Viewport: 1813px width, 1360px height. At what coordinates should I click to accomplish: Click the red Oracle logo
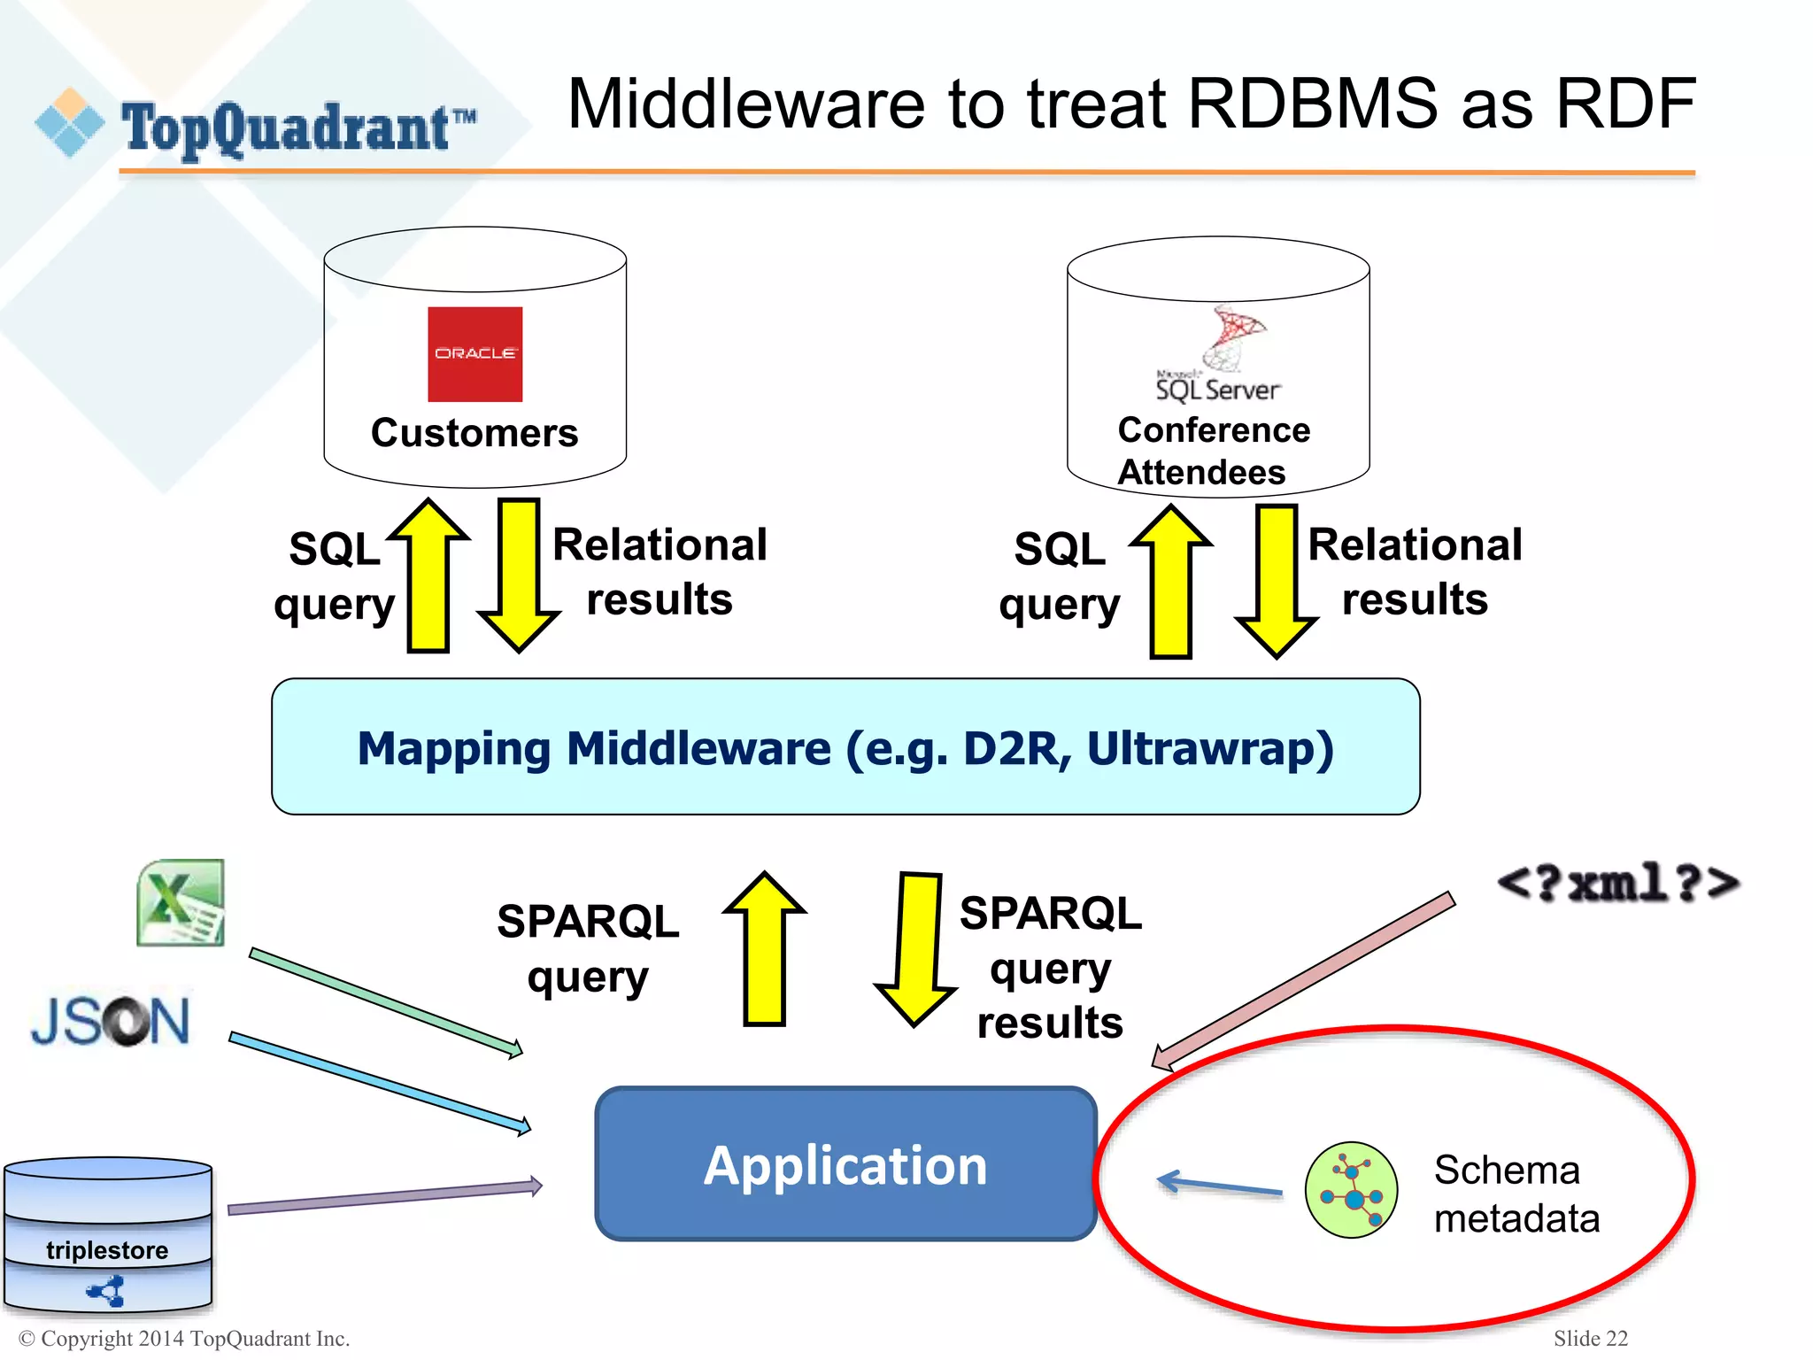(474, 354)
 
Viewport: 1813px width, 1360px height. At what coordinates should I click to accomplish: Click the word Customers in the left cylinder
(474, 433)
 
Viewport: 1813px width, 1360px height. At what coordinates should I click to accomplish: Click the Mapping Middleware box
(845, 747)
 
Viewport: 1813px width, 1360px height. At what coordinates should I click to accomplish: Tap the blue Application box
(845, 1164)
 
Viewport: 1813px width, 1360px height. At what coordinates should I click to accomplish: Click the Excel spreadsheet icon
(181, 902)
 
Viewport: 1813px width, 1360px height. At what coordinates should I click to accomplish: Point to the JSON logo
(111, 1021)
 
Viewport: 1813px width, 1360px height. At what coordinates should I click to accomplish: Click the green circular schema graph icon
(1351, 1189)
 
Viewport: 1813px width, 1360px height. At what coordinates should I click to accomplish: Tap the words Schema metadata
(1516, 1194)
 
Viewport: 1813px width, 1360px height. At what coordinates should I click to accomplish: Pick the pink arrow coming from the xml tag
(1301, 981)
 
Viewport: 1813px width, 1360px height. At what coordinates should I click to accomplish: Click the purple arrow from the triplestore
(385, 1197)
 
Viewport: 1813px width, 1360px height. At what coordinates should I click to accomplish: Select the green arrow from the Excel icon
(386, 1001)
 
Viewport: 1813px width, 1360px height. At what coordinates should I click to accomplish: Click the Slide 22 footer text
(1590, 1338)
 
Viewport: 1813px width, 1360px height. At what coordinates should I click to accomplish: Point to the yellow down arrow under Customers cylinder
(519, 576)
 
